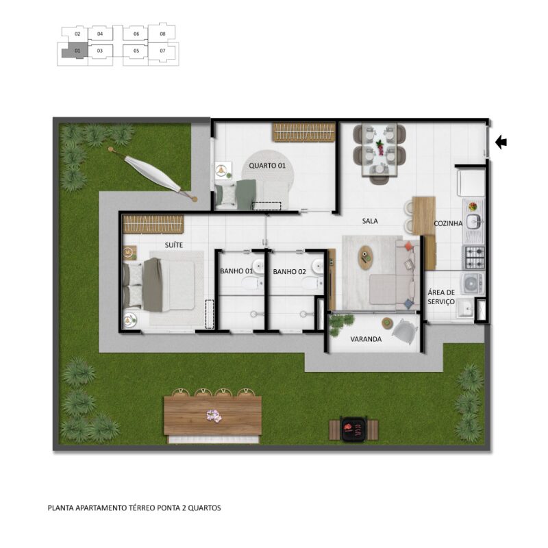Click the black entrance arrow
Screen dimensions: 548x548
[x=501, y=142]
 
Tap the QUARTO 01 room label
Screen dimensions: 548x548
[x=267, y=166]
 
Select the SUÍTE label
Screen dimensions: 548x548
[x=174, y=245]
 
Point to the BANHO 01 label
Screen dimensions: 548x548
[x=236, y=271]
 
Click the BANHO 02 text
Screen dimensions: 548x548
[x=289, y=271]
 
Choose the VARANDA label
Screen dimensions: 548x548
[x=366, y=339]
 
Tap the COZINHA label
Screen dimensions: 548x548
[x=448, y=223]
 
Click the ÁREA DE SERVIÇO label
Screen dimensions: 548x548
[x=441, y=297]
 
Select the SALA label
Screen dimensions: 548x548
[x=370, y=221]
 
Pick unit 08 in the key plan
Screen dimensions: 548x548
[x=162, y=34]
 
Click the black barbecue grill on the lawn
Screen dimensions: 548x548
[x=353, y=429]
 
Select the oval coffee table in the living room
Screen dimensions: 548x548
[x=366, y=258]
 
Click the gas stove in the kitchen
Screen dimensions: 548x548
[x=473, y=258]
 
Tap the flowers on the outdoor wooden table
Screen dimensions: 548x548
[x=214, y=416]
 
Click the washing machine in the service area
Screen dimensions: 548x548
[x=473, y=283]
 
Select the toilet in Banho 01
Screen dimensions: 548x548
[x=253, y=283]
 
